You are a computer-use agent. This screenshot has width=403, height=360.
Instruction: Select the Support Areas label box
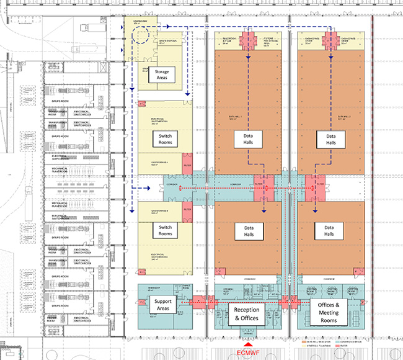click(162, 304)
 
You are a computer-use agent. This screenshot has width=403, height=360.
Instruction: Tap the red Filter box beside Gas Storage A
click(188, 210)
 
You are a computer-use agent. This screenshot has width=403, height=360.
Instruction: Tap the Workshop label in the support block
click(154, 289)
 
